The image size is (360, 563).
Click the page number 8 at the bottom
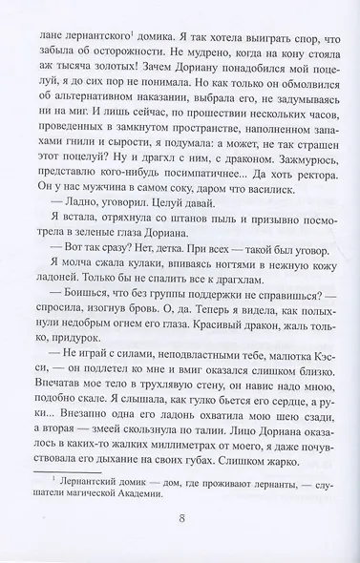(180, 522)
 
